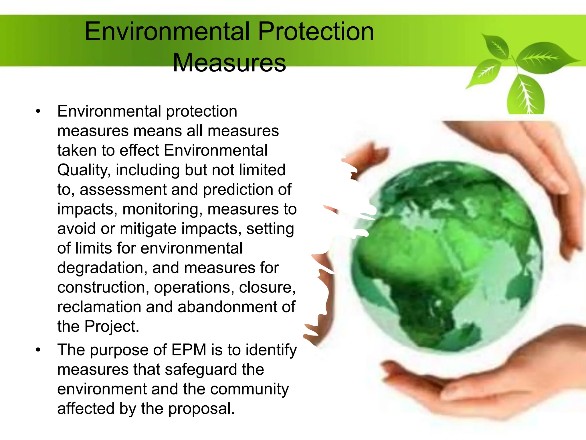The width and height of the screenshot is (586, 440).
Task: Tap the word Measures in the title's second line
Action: pyautogui.click(x=229, y=63)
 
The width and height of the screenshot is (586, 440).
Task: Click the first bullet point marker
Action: pyautogui.click(x=38, y=111)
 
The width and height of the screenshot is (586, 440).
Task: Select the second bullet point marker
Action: pyautogui.click(x=38, y=350)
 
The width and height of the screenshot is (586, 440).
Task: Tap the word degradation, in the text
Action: pyautogui.click(x=102, y=268)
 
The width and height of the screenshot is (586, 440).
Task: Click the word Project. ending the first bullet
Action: pyautogui.click(x=112, y=327)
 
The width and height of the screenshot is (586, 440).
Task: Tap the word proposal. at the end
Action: pyautogui.click(x=201, y=409)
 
